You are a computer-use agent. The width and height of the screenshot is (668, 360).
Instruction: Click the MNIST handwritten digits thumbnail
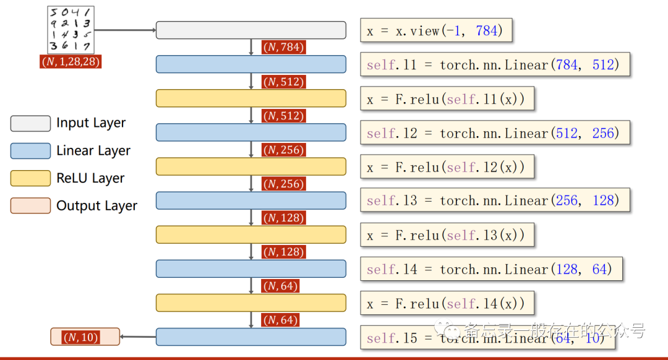[x=71, y=29]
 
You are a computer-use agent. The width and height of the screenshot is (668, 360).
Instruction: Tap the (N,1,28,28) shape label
[x=71, y=61]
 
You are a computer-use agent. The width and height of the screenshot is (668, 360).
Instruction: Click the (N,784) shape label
[x=284, y=47]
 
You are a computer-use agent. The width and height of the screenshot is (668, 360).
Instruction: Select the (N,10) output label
[x=84, y=337]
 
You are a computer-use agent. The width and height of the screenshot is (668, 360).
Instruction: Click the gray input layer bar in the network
[x=250, y=30]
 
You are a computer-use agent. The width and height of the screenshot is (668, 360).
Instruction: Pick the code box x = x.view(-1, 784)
[x=436, y=30]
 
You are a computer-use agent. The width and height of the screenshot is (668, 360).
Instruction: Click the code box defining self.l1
[x=494, y=64]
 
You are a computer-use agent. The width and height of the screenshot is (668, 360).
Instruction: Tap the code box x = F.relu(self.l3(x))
[x=447, y=235]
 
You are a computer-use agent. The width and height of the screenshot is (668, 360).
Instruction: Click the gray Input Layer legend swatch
[x=30, y=123]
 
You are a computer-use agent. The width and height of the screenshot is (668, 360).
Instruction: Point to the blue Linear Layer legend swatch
[x=30, y=151]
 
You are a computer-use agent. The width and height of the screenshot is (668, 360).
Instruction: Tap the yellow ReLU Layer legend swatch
[x=30, y=178]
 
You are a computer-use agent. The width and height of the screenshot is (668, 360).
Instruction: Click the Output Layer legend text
[x=96, y=206]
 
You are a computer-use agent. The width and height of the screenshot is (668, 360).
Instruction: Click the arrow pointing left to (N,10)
[x=137, y=337]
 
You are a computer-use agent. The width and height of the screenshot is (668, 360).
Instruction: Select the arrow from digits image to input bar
[x=124, y=29]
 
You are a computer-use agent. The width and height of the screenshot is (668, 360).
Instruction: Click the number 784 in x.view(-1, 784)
[x=487, y=30]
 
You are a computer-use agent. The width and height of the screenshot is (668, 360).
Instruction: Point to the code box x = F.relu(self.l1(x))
[x=447, y=99]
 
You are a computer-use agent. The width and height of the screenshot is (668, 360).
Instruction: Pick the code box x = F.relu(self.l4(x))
[x=447, y=303]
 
